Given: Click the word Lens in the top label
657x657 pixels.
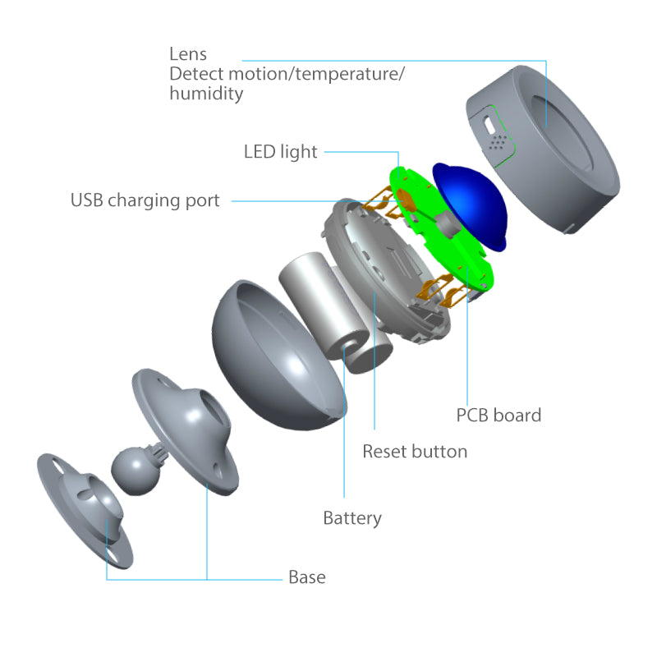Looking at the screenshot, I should (x=187, y=54).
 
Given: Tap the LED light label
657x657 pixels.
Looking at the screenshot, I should (x=280, y=152).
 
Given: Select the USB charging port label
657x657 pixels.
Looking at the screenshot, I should (x=145, y=200).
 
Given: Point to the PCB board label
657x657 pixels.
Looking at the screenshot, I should (x=498, y=415).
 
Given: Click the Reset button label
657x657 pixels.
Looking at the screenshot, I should (x=415, y=451).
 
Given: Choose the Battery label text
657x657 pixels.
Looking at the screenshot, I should (x=352, y=518).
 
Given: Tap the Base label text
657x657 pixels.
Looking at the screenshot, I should (x=306, y=577).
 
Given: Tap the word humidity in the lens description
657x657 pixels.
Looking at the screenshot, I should (x=206, y=94).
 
